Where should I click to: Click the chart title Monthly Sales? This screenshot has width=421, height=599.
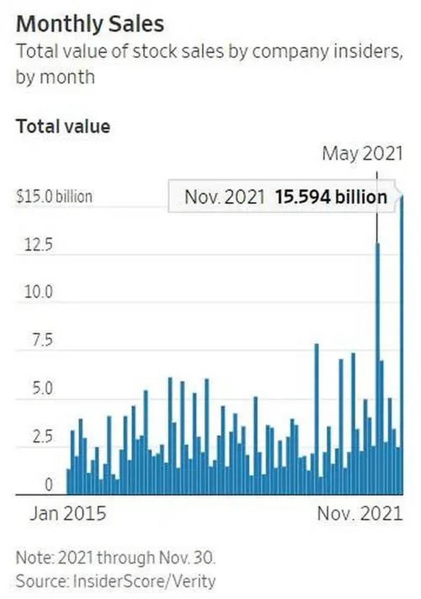(90, 24)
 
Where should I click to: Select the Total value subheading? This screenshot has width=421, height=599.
(63, 126)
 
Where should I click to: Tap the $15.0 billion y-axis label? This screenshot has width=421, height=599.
(54, 196)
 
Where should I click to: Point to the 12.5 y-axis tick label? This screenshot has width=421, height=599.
(39, 244)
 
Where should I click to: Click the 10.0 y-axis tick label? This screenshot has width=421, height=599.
(38, 292)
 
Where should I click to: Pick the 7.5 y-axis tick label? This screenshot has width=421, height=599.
(42, 340)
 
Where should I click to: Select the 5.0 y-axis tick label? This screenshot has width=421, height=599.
(42, 388)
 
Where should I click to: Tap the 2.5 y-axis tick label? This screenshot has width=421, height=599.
(42, 437)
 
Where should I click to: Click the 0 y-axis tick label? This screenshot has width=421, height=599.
(48, 485)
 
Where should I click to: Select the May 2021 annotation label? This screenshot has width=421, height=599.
(362, 154)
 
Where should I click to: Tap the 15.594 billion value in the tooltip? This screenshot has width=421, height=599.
(331, 197)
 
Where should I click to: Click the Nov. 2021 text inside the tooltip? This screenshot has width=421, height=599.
(225, 197)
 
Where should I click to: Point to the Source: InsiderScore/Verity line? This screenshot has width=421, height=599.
(115, 581)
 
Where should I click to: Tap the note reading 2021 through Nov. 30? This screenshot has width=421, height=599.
(115, 558)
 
